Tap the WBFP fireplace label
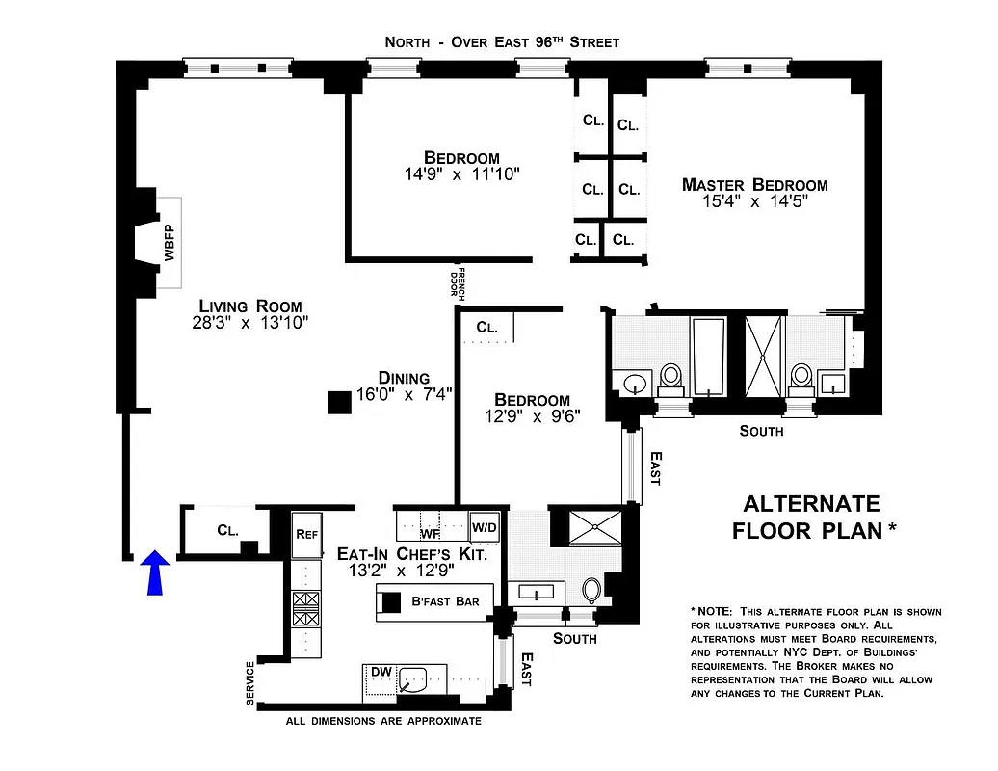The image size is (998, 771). tap(170, 243)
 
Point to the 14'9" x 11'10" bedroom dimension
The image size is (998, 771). tap(462, 174)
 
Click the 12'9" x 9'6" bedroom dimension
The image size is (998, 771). tap(533, 417)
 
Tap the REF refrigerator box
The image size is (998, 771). tap(306, 534)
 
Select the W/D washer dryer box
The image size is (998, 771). tap(484, 527)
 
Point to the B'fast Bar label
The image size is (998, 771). tap(445, 602)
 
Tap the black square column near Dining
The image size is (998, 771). tap(339, 403)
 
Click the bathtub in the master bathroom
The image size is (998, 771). tap(710, 357)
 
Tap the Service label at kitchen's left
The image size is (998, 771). tap(250, 683)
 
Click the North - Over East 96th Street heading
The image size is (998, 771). tap(502, 41)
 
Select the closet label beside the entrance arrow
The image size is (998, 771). tap(227, 529)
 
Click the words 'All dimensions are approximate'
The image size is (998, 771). tap(383, 720)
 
